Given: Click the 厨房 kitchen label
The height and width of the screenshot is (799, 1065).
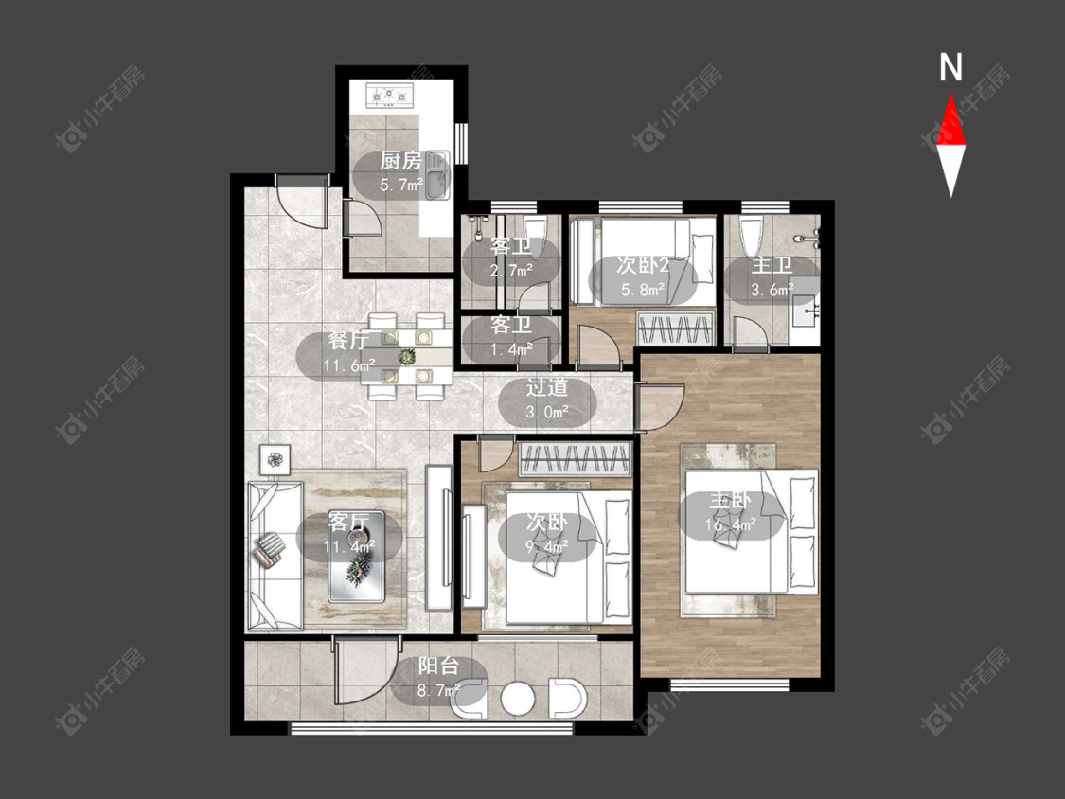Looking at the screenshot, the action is (400, 161).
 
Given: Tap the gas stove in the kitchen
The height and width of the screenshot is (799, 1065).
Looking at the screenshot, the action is (390, 96).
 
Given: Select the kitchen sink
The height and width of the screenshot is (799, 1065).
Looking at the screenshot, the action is (436, 175).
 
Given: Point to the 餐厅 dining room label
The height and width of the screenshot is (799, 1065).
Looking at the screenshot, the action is (348, 341).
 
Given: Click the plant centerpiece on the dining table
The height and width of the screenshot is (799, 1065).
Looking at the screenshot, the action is (407, 355).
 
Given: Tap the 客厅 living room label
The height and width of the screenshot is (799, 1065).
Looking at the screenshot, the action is (348, 522).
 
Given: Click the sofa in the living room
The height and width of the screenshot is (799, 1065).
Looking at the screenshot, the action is (275, 556).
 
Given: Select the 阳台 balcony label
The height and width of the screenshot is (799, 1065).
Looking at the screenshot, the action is (438, 666).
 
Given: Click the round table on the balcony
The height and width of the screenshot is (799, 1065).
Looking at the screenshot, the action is (519, 698).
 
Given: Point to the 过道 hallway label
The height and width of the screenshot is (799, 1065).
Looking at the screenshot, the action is (547, 387).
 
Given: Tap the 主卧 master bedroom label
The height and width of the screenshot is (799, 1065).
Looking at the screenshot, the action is (730, 501).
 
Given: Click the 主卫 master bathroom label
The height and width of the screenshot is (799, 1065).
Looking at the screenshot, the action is (772, 265).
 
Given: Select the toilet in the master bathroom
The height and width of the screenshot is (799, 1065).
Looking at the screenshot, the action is (752, 237).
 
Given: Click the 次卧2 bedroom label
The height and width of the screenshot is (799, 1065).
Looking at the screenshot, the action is (643, 265).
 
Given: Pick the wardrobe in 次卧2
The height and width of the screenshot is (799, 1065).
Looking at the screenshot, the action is (676, 328).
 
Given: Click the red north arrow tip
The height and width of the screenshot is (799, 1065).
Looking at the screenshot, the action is (950, 94).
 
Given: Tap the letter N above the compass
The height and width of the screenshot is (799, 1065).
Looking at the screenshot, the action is (950, 67).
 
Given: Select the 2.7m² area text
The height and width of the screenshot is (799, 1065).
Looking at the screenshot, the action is (511, 271).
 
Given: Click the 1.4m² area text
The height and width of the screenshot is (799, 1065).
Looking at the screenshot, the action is (511, 350).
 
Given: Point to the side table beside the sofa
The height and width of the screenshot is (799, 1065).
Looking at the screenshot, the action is (275, 460).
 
